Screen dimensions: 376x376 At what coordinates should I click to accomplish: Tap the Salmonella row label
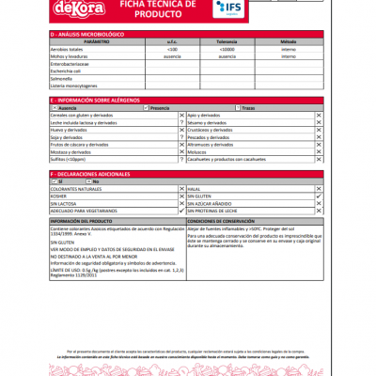point(63,78)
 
